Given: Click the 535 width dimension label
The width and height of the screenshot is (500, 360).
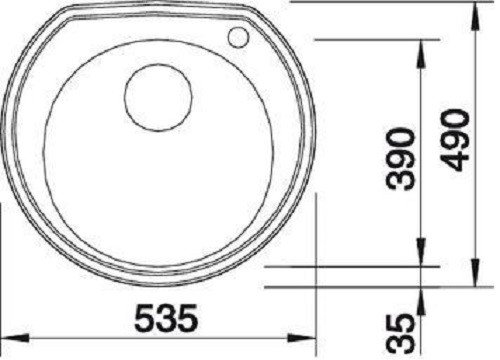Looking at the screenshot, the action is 166,318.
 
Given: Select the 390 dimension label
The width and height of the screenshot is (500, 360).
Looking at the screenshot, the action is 400,159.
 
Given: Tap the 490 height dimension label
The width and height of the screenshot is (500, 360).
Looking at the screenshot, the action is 455,140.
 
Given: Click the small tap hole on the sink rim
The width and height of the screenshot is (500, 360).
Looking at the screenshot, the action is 238,37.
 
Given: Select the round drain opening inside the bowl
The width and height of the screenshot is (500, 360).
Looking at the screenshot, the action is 158,97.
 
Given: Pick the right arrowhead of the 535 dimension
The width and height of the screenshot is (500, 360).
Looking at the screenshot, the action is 302,338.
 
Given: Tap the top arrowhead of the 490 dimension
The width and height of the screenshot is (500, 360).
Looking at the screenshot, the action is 476,17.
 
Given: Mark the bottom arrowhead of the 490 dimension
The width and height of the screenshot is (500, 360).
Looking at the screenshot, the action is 476,273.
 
